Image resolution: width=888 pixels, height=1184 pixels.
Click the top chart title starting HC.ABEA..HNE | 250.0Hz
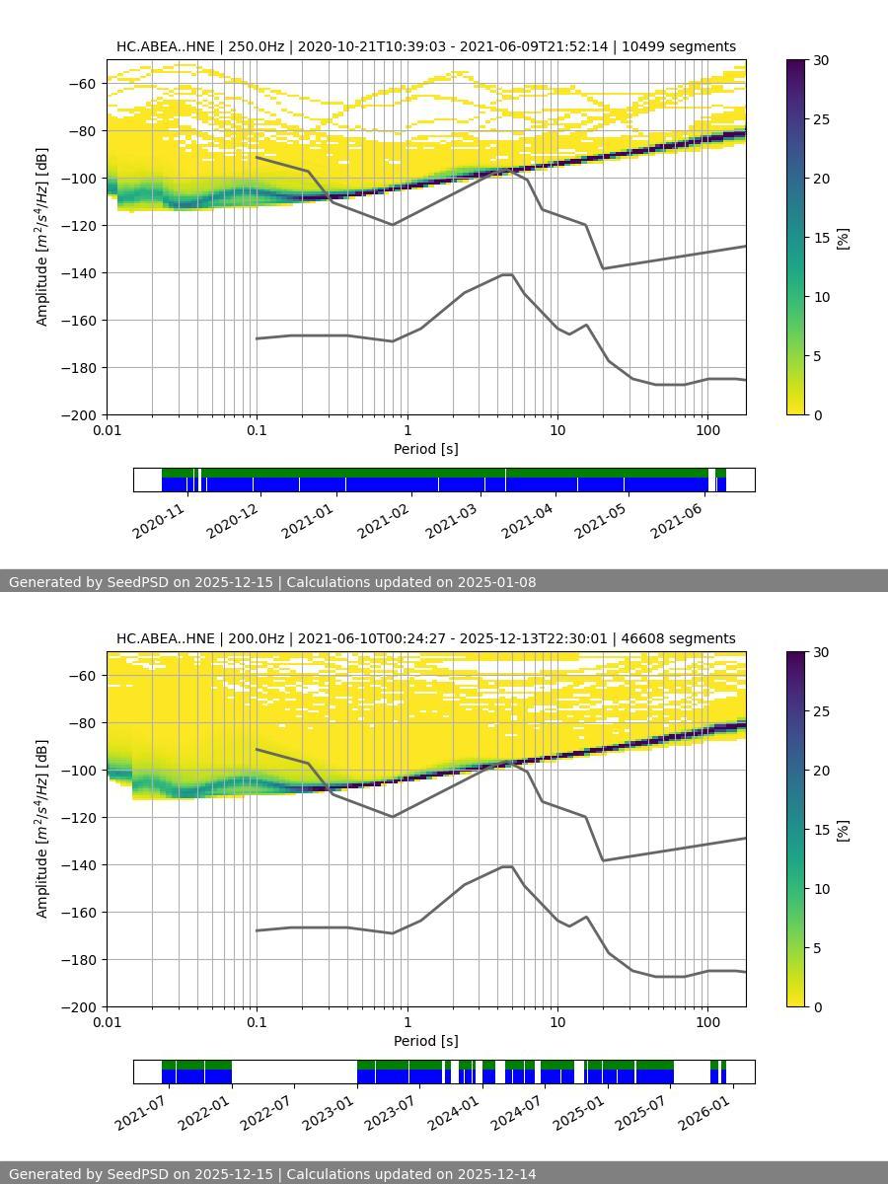point(425,46)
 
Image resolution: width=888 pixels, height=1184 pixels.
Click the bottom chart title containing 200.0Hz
point(425,638)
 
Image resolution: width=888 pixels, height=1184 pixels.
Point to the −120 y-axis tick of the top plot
point(82,225)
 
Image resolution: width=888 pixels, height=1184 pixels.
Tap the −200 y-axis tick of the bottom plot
point(82,1006)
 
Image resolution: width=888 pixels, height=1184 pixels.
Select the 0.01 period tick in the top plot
point(107,430)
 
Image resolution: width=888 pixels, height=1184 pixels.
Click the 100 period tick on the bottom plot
point(706,1022)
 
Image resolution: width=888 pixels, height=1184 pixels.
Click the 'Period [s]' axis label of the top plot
point(425,449)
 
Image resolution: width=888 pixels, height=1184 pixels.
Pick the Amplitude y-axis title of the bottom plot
point(41,829)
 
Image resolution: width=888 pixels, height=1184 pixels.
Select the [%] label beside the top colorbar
point(843,238)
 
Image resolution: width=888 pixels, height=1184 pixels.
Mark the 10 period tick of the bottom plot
point(556,1022)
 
